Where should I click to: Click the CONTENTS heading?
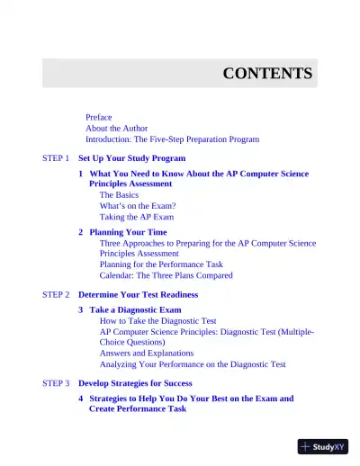(x=267, y=74)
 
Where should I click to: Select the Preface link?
(x=99, y=117)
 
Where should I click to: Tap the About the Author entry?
(x=117, y=129)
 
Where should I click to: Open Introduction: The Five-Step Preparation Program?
(x=172, y=139)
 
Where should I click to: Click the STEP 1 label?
(x=56, y=158)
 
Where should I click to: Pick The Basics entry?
(x=119, y=194)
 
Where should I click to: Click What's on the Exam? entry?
(x=138, y=206)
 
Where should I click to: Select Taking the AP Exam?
(x=137, y=217)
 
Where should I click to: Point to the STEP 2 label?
(x=56, y=294)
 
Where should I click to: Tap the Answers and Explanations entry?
(x=152, y=354)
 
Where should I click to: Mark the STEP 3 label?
(x=56, y=382)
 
